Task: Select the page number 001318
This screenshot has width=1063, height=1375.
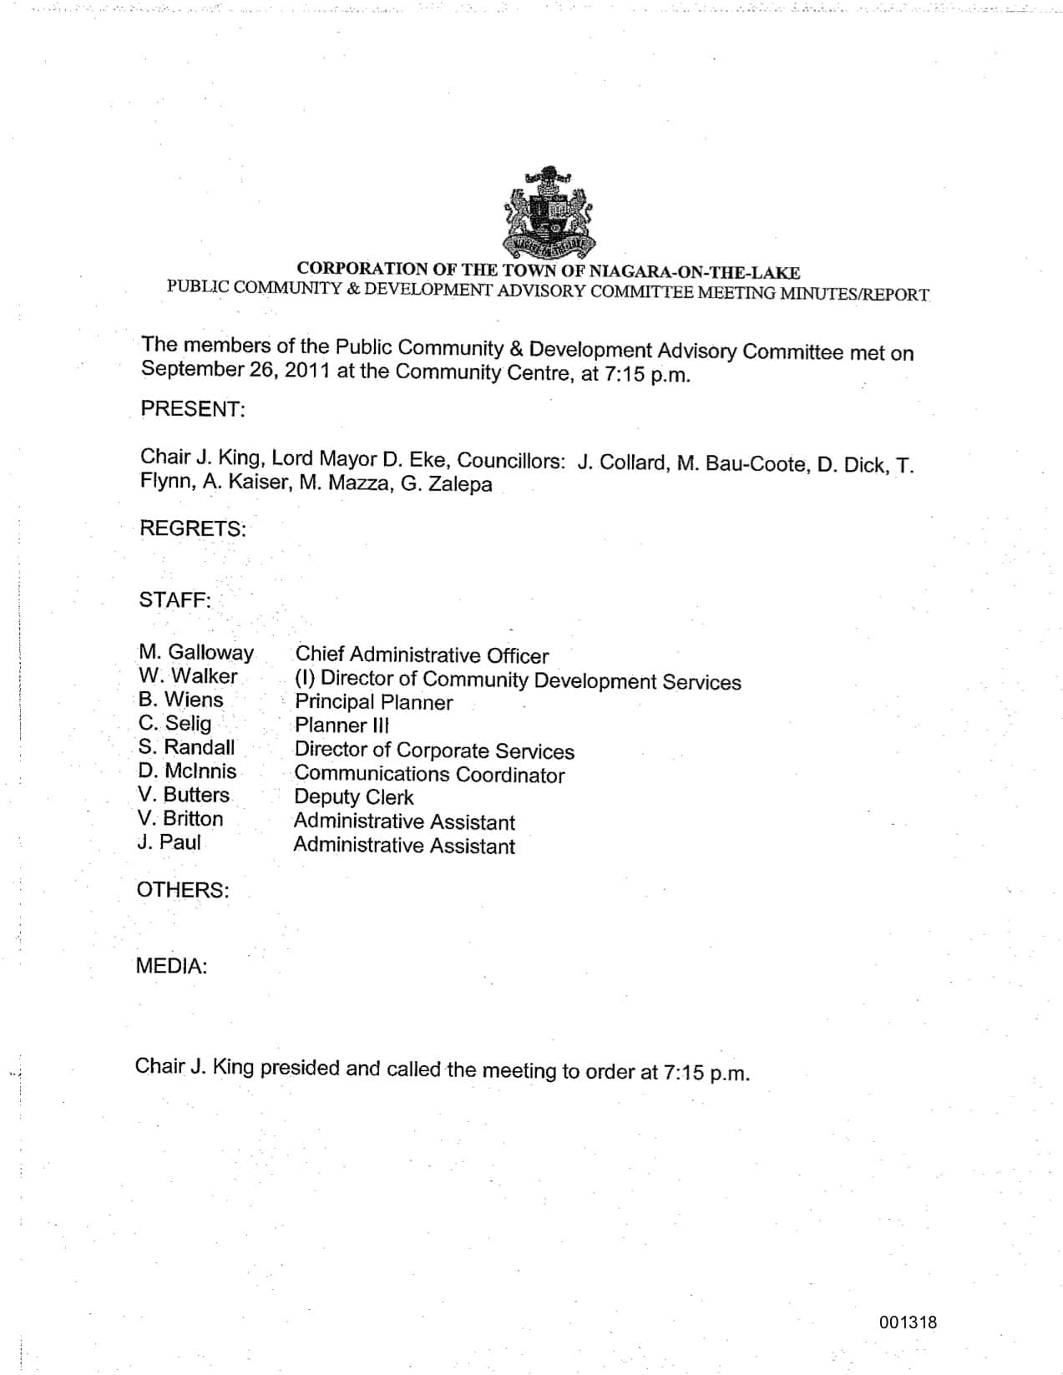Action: tap(908, 1322)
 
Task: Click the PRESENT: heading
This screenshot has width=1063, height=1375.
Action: tap(192, 409)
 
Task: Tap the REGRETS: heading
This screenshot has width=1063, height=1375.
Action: tap(192, 528)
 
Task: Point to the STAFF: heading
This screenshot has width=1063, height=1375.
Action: tap(175, 600)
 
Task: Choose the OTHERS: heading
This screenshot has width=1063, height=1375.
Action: tap(182, 890)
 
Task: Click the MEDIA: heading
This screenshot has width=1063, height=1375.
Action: tap(171, 967)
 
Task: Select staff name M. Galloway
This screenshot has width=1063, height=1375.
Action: tap(196, 653)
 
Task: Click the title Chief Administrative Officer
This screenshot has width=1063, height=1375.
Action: tap(422, 656)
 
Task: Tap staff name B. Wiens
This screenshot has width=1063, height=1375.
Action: tap(181, 700)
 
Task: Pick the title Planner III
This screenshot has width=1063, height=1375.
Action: tap(342, 725)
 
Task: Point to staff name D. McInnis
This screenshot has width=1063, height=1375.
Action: tap(187, 771)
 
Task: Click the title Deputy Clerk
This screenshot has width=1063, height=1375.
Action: tap(353, 797)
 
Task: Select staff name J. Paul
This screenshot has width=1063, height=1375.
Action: tap(169, 842)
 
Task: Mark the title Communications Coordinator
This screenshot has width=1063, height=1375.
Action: tap(429, 775)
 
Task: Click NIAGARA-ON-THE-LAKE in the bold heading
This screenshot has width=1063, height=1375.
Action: tap(695, 272)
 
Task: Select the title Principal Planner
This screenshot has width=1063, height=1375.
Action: tap(373, 702)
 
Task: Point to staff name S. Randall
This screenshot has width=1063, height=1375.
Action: tap(187, 747)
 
